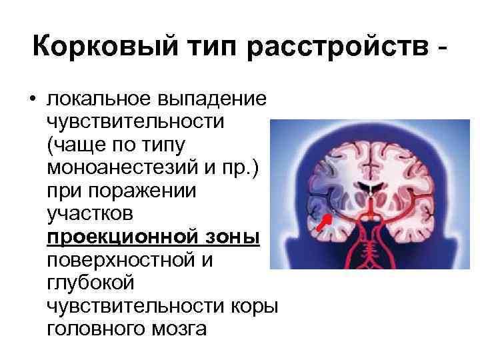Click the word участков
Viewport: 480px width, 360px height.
[87, 214]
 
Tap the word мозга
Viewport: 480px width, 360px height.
[182, 329]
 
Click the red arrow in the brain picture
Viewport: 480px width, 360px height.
[325, 224]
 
